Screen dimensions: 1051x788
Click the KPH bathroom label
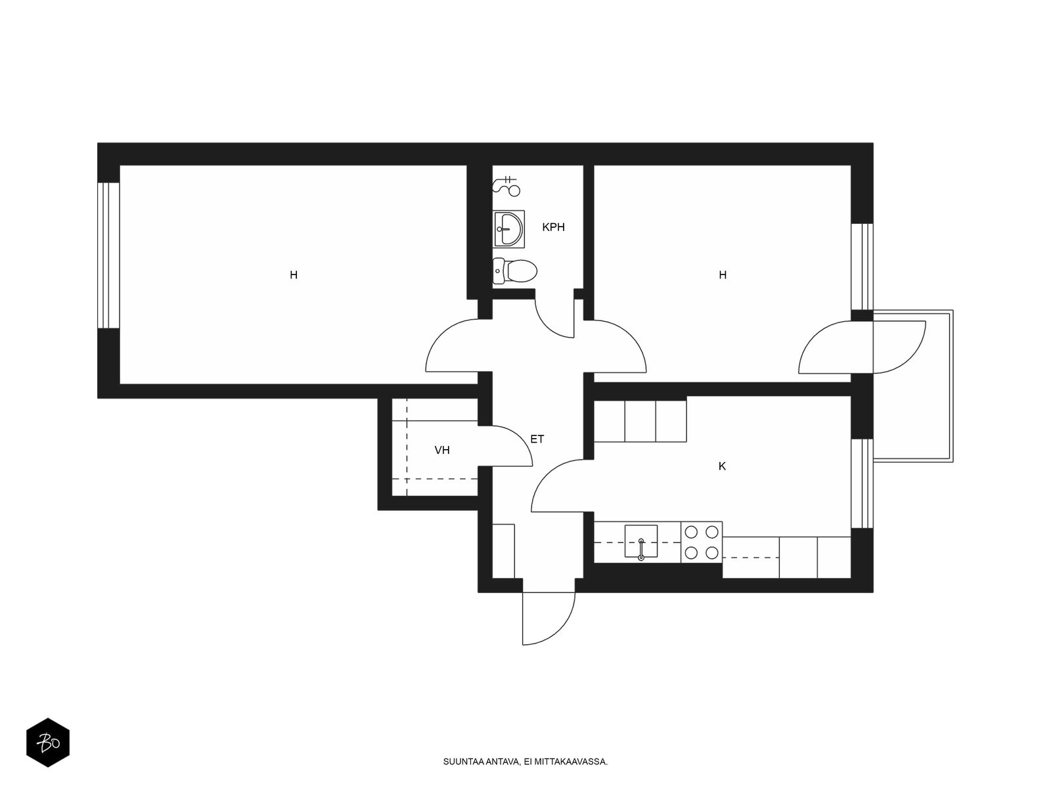[x=553, y=227]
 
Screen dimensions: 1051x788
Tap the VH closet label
[x=442, y=450]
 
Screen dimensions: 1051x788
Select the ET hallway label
[x=537, y=439]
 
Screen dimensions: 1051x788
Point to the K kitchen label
[x=722, y=466]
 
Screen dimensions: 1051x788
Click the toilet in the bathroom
[x=514, y=271]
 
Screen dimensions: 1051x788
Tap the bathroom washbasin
[x=508, y=229]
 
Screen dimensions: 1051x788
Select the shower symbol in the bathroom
[x=506, y=186]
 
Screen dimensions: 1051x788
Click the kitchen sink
[x=640, y=541]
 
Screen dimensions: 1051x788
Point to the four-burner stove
[x=702, y=542]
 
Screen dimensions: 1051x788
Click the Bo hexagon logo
[x=48, y=743]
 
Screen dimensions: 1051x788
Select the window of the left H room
[x=108, y=255]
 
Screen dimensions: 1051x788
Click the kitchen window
[x=862, y=483]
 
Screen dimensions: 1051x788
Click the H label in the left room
[x=294, y=275]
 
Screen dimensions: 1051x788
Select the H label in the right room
[x=723, y=275]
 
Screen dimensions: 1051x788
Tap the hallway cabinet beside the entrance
[x=504, y=551]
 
